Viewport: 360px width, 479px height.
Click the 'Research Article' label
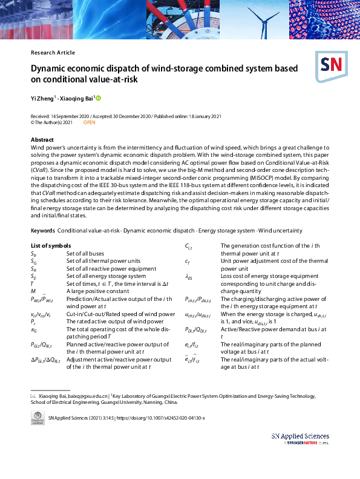(x=53, y=53)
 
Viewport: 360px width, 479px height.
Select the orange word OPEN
(x=89, y=122)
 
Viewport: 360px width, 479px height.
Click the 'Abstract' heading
(x=42, y=140)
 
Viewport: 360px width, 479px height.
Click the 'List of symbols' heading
(x=50, y=245)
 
